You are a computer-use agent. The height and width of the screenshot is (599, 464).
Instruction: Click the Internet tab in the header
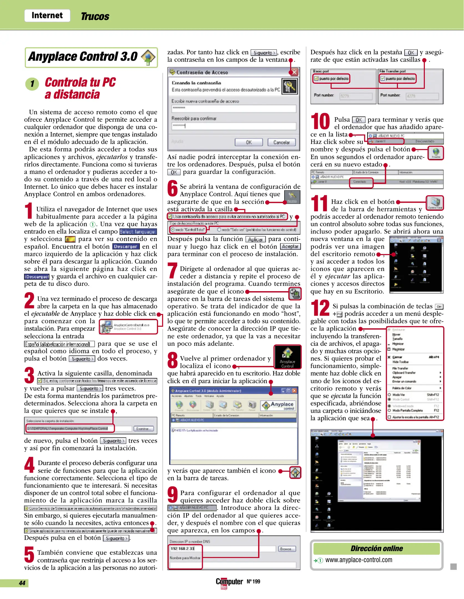pos(47,15)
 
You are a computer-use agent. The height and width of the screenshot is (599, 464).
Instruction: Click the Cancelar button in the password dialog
pos(281,142)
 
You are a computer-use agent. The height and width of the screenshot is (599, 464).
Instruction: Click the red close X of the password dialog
pos(294,72)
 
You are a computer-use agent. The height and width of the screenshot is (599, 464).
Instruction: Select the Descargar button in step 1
pos(125,247)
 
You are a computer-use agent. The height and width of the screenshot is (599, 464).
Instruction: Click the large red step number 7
pos(172,270)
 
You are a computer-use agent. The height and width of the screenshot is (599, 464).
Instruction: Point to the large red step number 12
pos(320,308)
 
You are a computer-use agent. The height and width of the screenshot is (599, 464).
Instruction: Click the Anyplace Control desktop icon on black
pos(287,357)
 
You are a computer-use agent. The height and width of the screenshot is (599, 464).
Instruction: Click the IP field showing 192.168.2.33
pos(185,549)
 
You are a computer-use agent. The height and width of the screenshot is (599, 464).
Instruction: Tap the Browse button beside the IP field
pos(287,549)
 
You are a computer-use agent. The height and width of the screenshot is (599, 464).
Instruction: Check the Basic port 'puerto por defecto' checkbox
pos(316,78)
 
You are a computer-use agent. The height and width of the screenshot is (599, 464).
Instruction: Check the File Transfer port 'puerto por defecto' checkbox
pos(382,78)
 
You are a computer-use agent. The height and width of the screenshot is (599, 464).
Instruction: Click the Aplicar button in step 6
pos(255,239)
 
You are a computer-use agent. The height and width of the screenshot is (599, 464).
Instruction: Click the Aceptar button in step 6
pos(290,247)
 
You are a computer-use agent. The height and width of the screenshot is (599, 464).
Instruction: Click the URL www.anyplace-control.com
pos(359,560)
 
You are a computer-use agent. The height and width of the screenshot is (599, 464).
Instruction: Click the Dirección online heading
pos(376,549)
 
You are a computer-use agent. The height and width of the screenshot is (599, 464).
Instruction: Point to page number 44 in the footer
pos(22,583)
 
